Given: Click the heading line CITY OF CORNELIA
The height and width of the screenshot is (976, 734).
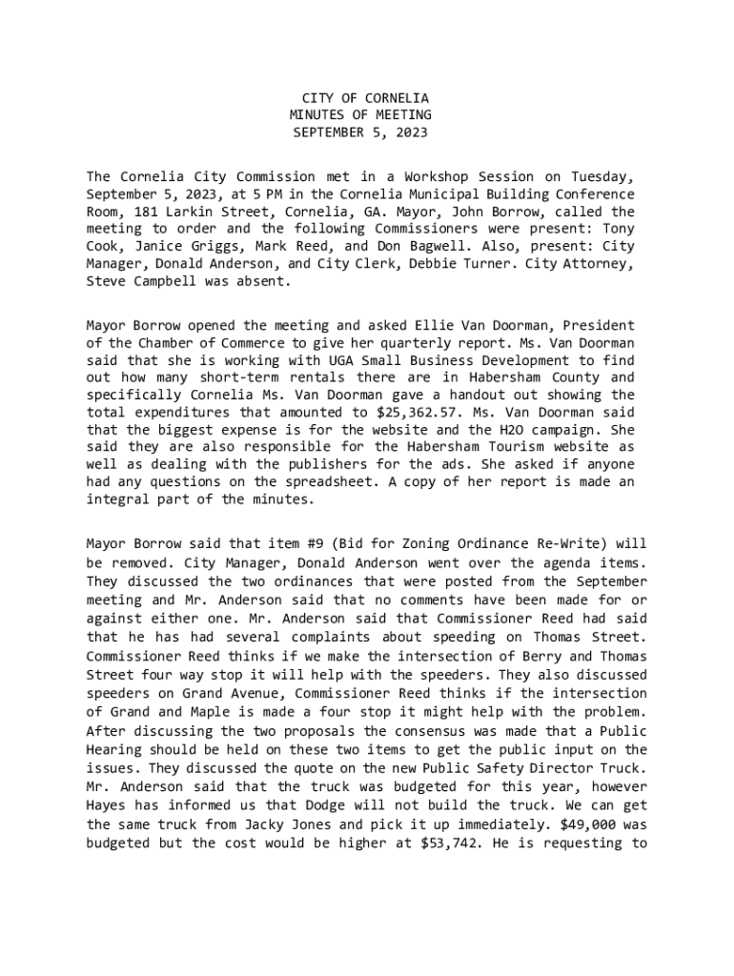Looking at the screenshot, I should tap(365, 98).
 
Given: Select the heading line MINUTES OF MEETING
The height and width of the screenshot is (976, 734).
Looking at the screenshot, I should tap(360, 115).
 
